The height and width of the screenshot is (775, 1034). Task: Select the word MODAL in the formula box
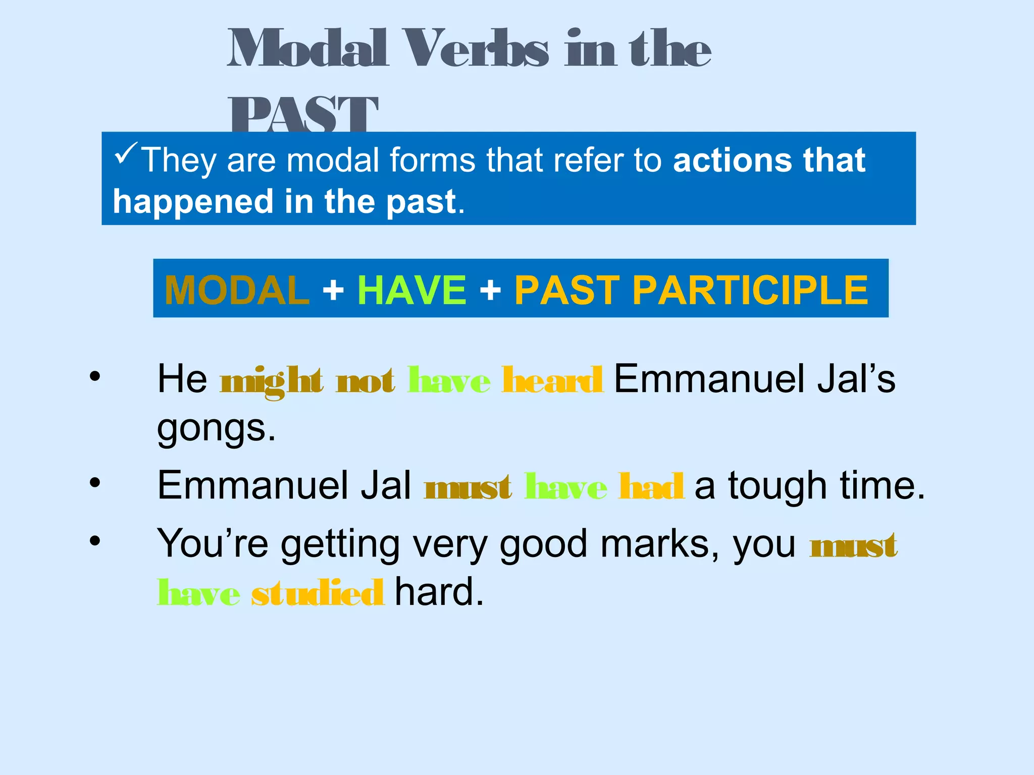tap(237, 290)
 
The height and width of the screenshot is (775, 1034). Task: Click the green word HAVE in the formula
tap(411, 290)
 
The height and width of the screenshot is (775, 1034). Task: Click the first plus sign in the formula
tap(333, 291)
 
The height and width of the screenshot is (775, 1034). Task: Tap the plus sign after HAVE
tap(490, 291)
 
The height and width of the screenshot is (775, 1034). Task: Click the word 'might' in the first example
tap(271, 381)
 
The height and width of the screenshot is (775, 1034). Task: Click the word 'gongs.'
tap(216, 429)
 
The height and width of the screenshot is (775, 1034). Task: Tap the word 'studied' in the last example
tap(318, 593)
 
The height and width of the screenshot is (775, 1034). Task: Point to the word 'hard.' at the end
tap(439, 592)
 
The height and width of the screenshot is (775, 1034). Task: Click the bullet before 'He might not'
tap(95, 376)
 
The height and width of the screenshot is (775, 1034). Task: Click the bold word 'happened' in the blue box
tap(193, 202)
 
